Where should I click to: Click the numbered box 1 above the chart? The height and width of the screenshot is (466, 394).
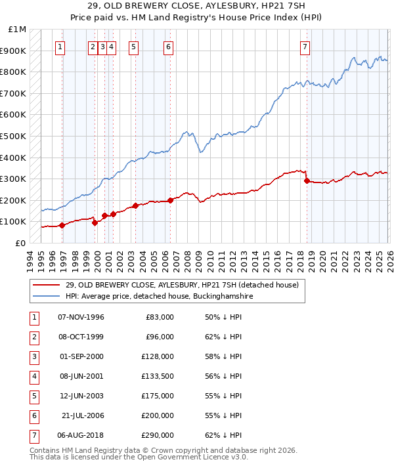click(60, 47)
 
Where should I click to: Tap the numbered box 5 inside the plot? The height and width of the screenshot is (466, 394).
click(134, 47)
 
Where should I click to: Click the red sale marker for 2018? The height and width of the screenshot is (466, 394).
click(307, 180)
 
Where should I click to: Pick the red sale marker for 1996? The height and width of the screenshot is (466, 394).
click(62, 225)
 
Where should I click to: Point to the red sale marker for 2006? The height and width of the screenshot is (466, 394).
click(170, 200)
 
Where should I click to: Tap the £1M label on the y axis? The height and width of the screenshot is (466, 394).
click(18, 30)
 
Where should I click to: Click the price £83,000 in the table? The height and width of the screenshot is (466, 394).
click(158, 317)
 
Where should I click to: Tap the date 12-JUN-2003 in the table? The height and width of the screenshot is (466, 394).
click(81, 396)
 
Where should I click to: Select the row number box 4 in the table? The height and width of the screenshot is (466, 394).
click(33, 376)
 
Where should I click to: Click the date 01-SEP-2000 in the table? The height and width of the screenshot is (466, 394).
click(81, 356)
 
